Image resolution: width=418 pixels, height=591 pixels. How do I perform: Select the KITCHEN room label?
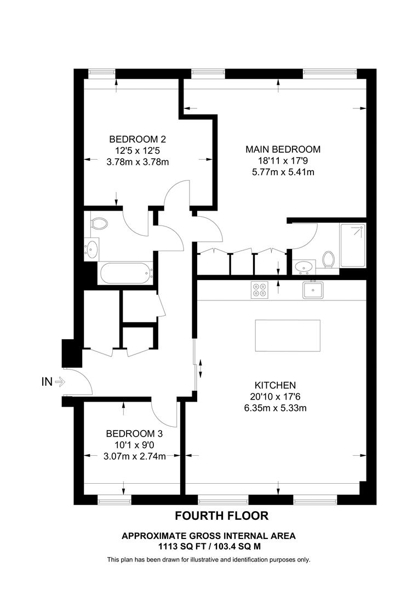pos(275,385)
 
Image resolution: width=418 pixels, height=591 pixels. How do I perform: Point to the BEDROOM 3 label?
pos(134,433)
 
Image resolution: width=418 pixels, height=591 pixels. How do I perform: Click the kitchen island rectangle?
pos(288,337)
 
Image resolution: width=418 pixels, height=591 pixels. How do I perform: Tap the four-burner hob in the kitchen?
pos(260,289)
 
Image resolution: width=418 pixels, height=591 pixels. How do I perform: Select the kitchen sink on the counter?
pos(313,289)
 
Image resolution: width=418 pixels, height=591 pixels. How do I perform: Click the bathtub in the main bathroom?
pos(124,273)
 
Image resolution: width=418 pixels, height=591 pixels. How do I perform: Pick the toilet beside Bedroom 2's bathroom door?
pos(99,223)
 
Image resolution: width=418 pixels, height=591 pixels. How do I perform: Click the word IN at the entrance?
pos(47,382)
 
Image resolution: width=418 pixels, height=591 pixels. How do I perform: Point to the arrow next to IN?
pos(60,382)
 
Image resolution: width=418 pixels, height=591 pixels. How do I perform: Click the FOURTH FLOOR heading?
pos(221,515)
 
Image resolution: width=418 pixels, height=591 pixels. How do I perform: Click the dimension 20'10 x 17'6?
pos(275,397)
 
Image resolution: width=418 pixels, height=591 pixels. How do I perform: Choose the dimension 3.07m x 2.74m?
pos(134,456)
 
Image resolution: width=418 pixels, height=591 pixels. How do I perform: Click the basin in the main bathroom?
pos(91,250)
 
